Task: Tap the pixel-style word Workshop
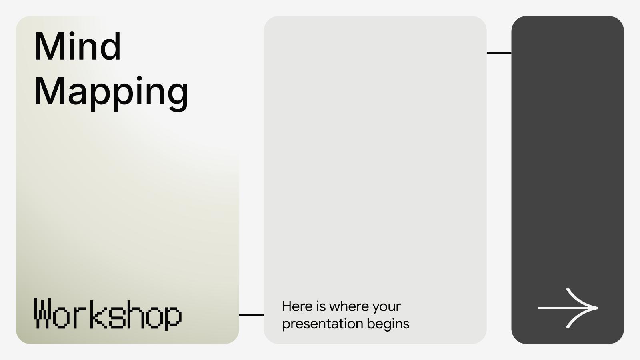pyautogui.click(x=108, y=314)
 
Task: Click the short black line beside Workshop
pyautogui.click(x=251, y=315)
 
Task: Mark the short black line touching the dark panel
pyautogui.click(x=499, y=52)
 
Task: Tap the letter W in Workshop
pyautogui.click(x=43, y=314)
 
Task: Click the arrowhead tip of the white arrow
pyautogui.click(x=596, y=308)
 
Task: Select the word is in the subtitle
pyautogui.click(x=321, y=306)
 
